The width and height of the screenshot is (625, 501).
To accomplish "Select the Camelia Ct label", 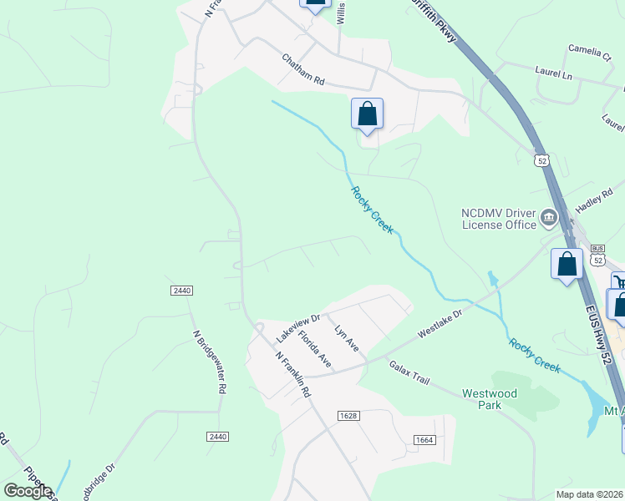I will [590, 51].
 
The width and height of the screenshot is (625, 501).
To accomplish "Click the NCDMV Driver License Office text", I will [499, 219].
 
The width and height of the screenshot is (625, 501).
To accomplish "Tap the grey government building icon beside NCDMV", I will [549, 219].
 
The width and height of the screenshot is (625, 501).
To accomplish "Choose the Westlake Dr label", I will [440, 320].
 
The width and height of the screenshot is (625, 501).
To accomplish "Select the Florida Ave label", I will [315, 349].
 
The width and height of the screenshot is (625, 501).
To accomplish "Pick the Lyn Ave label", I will [346, 337].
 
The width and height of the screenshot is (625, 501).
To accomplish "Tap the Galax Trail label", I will [409, 373].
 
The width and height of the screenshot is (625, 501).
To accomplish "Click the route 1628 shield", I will [348, 416].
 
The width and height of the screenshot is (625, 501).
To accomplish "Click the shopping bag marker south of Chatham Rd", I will [367, 114].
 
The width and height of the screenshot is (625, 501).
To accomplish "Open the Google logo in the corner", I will [28, 491].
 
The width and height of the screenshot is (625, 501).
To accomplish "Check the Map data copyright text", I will [589, 494].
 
